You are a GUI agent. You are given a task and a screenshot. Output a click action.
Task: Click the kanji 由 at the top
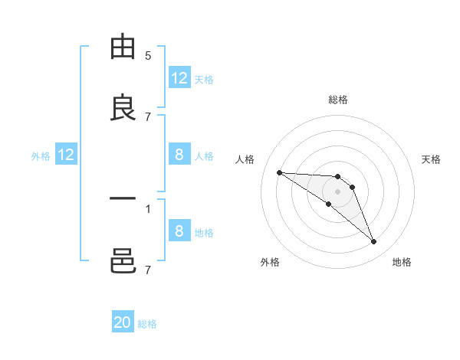[123, 47]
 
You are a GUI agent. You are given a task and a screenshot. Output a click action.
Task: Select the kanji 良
[123, 108]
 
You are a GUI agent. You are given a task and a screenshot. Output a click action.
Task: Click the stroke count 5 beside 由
[148, 56]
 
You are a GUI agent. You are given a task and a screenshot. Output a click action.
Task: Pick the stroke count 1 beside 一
[148, 208]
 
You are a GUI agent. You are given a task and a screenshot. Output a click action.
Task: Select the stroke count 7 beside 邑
[148, 270]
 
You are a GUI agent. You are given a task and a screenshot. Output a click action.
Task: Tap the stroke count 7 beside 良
[148, 116]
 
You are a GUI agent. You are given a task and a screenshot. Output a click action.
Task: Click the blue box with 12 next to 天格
[179, 78]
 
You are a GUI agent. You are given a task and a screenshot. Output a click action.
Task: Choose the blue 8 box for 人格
[179, 155]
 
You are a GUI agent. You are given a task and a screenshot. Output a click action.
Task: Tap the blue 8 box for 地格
[179, 231]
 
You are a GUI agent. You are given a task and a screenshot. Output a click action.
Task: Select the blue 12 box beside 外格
[66, 155]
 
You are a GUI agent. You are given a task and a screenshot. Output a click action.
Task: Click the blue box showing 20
[123, 322]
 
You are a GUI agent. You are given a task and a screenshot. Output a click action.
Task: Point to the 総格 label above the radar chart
[337, 100]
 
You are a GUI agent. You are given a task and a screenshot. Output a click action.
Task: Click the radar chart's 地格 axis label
[402, 262]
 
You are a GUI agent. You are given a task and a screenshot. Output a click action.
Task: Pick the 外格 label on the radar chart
[270, 262]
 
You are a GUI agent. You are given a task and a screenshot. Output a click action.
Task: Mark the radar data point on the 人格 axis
[279, 172]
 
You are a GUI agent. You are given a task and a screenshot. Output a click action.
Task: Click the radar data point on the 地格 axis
[374, 242]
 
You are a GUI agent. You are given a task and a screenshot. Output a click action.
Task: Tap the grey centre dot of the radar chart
[337, 191]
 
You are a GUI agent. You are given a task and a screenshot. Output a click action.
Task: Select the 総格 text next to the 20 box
[147, 324]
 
